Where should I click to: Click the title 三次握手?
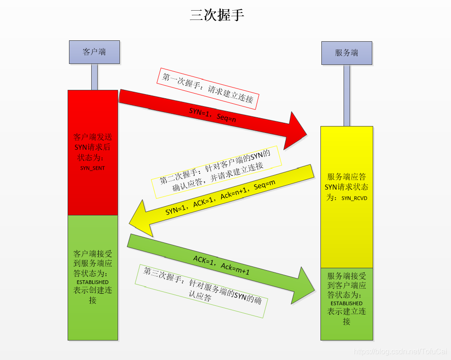pyautogui.click(x=217, y=15)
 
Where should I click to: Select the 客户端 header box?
pyautogui.click(x=94, y=52)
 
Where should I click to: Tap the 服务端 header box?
pyautogui.click(x=347, y=53)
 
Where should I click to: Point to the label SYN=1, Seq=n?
pyautogui.click(x=213, y=114)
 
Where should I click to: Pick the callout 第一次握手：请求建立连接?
pyautogui.click(x=208, y=88)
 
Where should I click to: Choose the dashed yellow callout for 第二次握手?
pyautogui.click(x=216, y=172)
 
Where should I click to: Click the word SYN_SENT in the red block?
pyautogui.click(x=93, y=168)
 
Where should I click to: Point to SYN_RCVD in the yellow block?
pyautogui.click(x=354, y=198)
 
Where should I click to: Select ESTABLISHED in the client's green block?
pyautogui.click(x=93, y=282)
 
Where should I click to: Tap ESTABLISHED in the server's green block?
pyautogui.click(x=346, y=303)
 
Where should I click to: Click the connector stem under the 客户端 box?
pyautogui.click(x=94, y=76)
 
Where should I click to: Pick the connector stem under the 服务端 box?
pyautogui.click(x=347, y=95)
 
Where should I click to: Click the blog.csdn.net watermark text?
pyautogui.click(x=399, y=352)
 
